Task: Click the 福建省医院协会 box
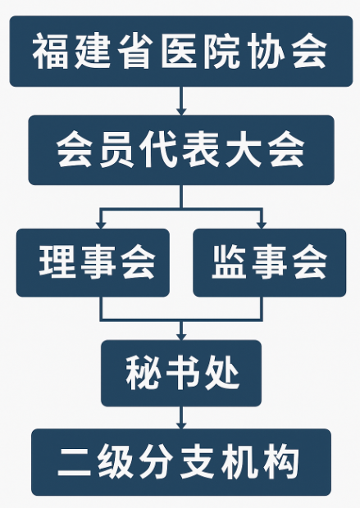tap(181, 51)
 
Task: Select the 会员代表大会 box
tap(181, 150)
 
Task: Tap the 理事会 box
tap(93, 262)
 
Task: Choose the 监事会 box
tap(270, 262)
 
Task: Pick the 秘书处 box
tap(181, 374)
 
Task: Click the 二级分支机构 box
tap(181, 462)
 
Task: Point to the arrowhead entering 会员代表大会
tap(181, 111)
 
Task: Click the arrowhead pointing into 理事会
tap(101, 225)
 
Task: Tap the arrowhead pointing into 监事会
tap(261, 225)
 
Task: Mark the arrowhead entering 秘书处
tap(181, 336)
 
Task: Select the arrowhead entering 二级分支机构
tap(181, 425)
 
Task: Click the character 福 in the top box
tap(50, 51)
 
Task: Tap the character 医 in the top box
tap(180, 51)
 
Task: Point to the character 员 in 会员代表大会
tap(117, 150)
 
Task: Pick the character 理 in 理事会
tap(57, 261)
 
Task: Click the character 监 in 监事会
tap(229, 261)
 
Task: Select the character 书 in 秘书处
tap(183, 373)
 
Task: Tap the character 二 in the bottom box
tap(75, 462)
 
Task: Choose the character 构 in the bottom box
tap(281, 462)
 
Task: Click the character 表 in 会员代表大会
tap(201, 150)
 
